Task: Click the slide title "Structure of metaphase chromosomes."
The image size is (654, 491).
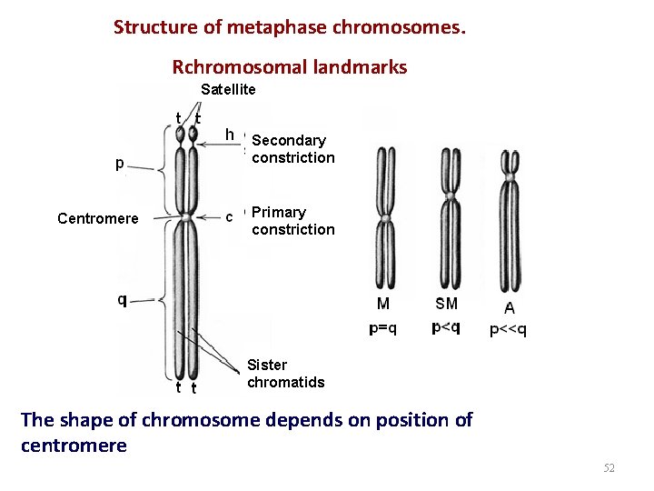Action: pos(290,27)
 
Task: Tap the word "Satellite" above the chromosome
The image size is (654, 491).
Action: pos(228,89)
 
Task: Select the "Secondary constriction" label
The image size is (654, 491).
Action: pos(292,149)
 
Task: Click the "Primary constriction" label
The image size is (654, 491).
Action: pos(292,221)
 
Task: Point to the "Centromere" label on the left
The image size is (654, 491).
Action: pos(97,218)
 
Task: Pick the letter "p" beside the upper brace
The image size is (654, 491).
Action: pos(120,165)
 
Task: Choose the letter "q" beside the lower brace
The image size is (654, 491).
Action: pos(122,300)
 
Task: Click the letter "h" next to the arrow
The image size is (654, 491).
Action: pos(231,135)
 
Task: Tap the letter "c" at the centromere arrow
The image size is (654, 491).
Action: pos(229,216)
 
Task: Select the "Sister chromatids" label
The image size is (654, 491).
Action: pos(285,374)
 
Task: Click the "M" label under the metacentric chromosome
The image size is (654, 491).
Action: pos(383,304)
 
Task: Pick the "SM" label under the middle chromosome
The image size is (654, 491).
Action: pos(446,304)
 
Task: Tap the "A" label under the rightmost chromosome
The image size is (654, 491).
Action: pos(509,308)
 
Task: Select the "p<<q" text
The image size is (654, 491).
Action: pos(508,330)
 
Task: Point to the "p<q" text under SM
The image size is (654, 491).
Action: pos(445,327)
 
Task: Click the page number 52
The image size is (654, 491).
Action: pos(609,468)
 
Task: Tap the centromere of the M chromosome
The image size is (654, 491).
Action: pos(385,218)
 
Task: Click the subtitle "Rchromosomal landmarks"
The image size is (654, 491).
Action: pos(290,67)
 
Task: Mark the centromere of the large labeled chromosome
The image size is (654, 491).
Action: pos(185,217)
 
